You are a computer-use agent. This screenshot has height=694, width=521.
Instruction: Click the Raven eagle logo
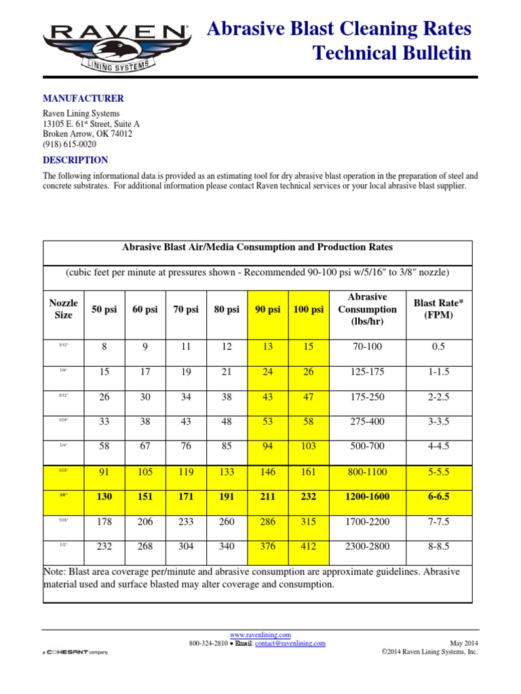(x=115, y=49)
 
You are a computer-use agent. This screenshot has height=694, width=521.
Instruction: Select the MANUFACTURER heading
(x=83, y=98)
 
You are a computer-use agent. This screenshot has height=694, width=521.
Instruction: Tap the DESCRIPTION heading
(x=75, y=160)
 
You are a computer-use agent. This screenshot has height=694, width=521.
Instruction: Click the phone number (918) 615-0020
(x=69, y=144)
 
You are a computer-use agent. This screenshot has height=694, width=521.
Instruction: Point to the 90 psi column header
(x=267, y=309)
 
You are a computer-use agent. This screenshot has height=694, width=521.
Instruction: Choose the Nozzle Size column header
(x=64, y=309)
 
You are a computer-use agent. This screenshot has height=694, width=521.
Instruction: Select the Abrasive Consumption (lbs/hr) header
(x=367, y=309)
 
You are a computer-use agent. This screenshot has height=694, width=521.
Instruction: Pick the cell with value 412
(x=309, y=546)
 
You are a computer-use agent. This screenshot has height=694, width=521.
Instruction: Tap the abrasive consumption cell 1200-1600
(x=367, y=497)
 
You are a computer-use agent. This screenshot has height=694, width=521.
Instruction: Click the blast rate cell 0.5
(x=438, y=347)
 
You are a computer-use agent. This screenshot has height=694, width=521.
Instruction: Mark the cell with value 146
(x=267, y=472)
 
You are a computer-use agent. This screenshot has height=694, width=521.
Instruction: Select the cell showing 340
(x=226, y=546)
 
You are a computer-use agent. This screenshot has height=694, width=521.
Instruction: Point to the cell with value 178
(x=104, y=521)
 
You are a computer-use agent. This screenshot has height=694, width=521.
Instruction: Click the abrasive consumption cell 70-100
(x=367, y=347)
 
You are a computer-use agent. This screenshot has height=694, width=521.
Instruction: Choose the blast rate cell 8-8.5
(x=438, y=546)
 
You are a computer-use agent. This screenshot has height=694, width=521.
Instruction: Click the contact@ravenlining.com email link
(x=290, y=643)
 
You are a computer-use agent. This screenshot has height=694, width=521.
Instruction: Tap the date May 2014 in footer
(x=464, y=643)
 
